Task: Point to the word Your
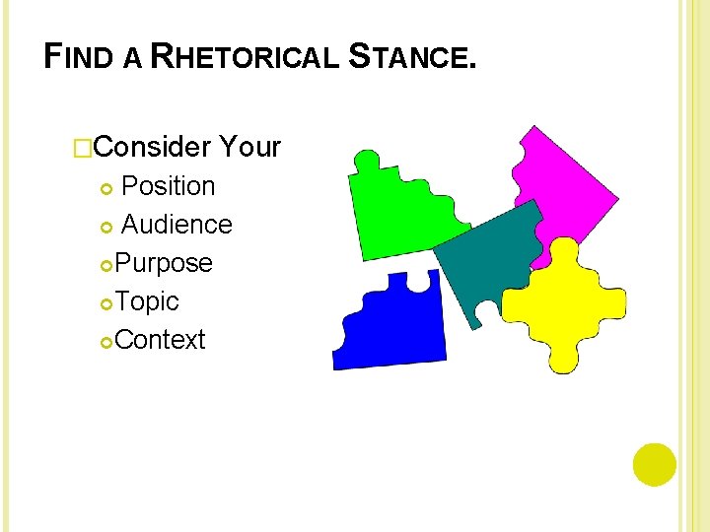250,148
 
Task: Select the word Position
168,186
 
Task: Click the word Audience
177,225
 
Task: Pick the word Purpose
164,263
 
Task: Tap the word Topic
147,301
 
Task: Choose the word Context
160,340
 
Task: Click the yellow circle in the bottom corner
655,465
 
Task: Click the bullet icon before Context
106,341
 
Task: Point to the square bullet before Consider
83,149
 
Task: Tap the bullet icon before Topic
106,302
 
